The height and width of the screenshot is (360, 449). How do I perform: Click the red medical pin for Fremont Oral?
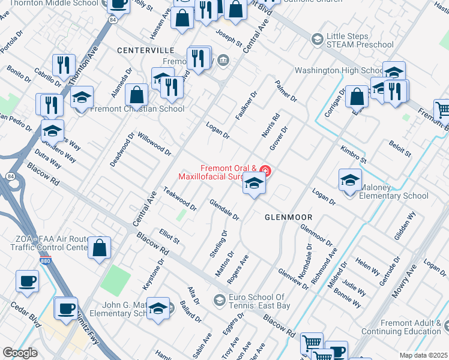pos(264,172)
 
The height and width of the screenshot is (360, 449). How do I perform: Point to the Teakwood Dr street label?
pos(179,199)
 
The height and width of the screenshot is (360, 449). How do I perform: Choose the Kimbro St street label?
pos(353,154)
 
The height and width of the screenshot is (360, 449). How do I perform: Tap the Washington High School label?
pos(334,70)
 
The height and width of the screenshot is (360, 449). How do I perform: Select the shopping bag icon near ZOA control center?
pos(100,247)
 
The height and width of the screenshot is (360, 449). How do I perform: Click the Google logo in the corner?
pos(20,353)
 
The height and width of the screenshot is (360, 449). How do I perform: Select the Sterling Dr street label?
pos(218,244)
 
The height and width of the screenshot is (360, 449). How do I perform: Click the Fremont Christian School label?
pos(137,109)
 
